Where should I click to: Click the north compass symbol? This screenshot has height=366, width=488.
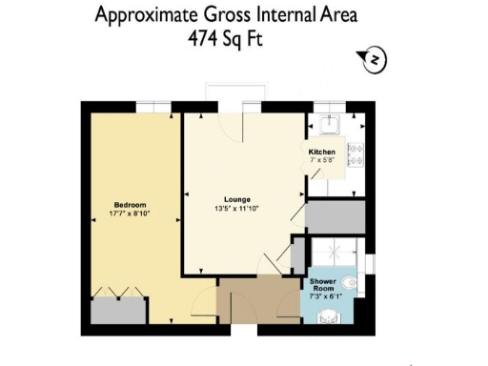click(375, 61)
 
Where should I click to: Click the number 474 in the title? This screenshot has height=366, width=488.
click(209, 40)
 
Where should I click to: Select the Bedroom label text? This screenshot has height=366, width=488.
click(130, 206)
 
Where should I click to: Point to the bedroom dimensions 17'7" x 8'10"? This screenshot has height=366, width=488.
click(130, 214)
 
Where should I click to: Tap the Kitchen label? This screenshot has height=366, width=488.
click(321, 152)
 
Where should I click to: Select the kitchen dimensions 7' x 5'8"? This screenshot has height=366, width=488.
click(321, 160)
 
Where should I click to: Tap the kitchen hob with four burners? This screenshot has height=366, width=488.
click(355, 152)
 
